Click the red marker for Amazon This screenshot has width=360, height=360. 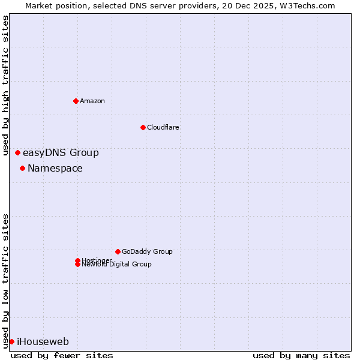point(76,101)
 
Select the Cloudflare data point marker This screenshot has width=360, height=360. point(143,127)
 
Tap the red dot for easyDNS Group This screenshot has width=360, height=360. point(17,152)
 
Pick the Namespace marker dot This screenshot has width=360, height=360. point(22,168)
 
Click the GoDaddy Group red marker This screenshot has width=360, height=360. point(118,251)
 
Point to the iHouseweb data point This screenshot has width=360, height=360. point(11,341)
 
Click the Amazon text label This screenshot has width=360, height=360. point(92,101)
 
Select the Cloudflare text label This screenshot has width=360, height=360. point(163,127)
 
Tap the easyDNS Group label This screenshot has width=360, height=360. point(61,152)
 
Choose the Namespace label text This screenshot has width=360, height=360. point(55,168)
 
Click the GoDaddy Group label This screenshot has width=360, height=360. point(147,251)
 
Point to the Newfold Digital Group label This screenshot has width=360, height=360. point(116,265)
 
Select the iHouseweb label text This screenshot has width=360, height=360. point(43,341)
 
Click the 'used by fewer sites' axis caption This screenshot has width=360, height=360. point(62,355)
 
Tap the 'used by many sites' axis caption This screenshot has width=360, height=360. point(301,355)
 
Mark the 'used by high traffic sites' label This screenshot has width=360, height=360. point(5,85)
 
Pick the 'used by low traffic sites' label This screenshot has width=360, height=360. point(5,280)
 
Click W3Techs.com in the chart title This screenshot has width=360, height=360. point(305,5)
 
